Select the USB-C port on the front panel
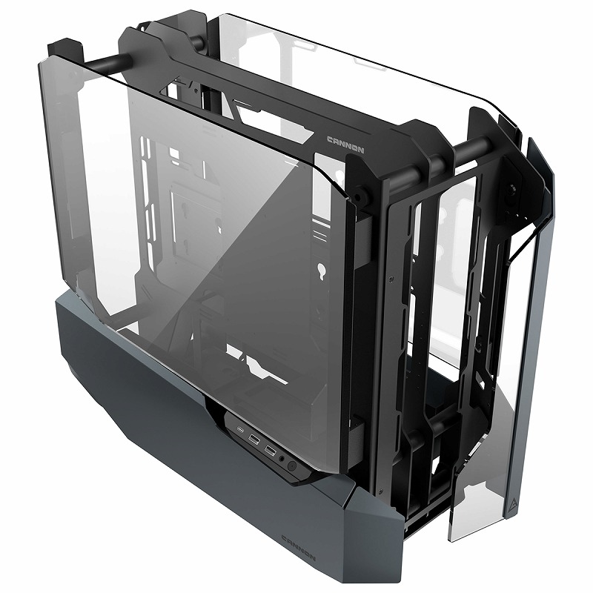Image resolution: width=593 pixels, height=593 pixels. [240, 430]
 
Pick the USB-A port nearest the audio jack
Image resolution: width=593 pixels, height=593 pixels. [270, 450]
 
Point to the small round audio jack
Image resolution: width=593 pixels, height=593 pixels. [282, 459]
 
